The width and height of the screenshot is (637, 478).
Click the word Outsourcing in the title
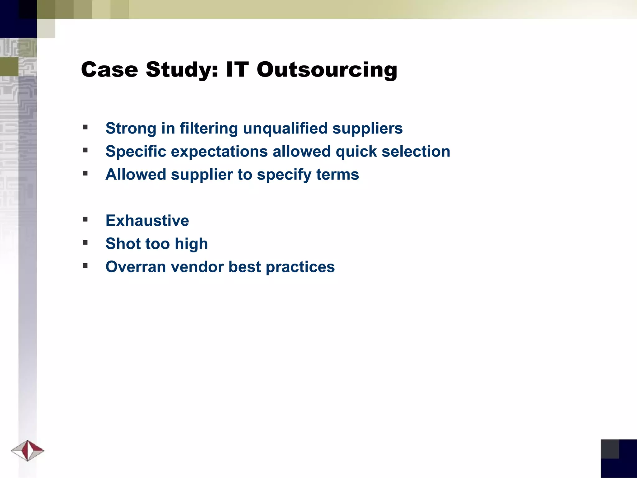[327, 70]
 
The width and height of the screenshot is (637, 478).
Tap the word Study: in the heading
[182, 70]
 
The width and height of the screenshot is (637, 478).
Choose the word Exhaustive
[147, 221]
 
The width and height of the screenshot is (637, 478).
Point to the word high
[191, 244]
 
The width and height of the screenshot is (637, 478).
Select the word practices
[300, 267]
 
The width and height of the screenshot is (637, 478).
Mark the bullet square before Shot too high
[85, 242]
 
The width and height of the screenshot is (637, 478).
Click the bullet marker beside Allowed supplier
[85, 173]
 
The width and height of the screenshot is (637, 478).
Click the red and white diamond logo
[28, 450]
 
